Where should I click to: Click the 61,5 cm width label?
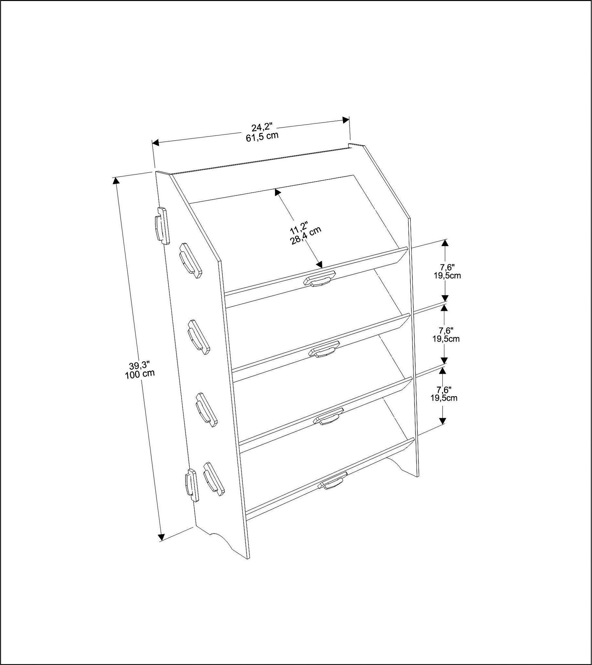tap(262, 137)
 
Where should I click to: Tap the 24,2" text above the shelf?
tap(262, 127)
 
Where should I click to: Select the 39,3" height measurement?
tap(138, 366)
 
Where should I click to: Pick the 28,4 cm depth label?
tap(306, 236)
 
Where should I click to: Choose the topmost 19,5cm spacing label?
tap(447, 276)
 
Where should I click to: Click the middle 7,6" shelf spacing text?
tap(446, 331)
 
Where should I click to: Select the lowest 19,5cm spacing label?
tap(444, 398)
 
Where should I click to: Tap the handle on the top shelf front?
tap(319, 278)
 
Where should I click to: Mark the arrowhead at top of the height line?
tap(116, 181)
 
